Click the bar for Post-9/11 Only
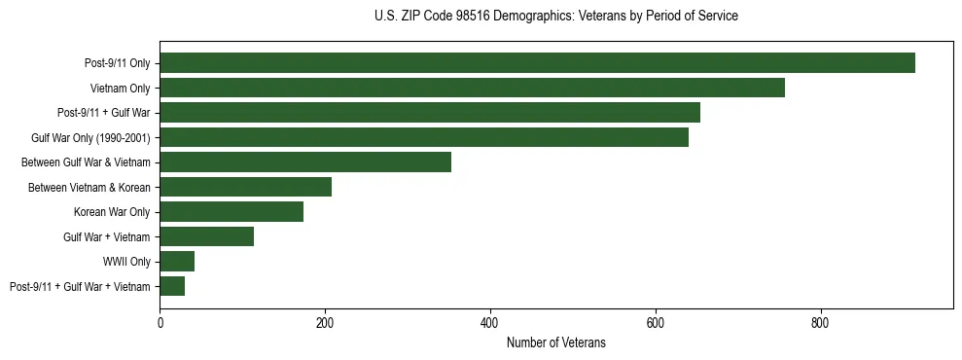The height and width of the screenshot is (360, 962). pyautogui.click(x=537, y=63)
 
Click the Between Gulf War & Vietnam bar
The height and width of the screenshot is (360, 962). pyautogui.click(x=305, y=162)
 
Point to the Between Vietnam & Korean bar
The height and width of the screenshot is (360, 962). pyautogui.click(x=245, y=187)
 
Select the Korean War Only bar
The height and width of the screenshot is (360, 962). pyautogui.click(x=232, y=212)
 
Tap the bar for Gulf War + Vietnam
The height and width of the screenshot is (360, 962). pyautogui.click(x=206, y=236)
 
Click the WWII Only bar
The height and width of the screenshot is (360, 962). pyautogui.click(x=177, y=262)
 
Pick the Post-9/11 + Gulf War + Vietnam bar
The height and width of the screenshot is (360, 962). pyautogui.click(x=172, y=286)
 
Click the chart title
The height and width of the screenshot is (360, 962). pyautogui.click(x=555, y=17)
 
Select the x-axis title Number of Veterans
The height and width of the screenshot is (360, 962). pyautogui.click(x=555, y=343)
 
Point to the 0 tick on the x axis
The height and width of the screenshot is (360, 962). pyautogui.click(x=160, y=322)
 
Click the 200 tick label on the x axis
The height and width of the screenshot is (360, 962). pyautogui.click(x=325, y=322)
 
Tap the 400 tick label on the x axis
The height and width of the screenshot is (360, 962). pyautogui.click(x=490, y=322)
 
